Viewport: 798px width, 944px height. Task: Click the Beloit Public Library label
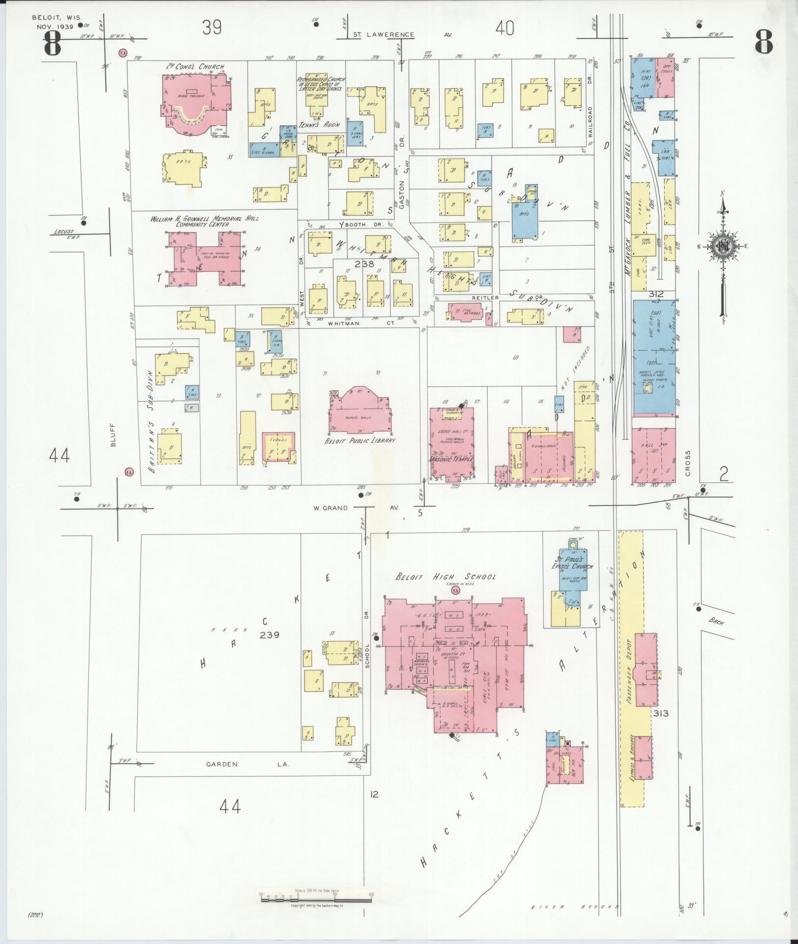[360, 440]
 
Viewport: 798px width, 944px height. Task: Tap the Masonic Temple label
[451, 460]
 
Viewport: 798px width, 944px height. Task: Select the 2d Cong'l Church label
[195, 67]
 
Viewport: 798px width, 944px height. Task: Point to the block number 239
[270, 634]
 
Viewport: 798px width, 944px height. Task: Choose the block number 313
[661, 713]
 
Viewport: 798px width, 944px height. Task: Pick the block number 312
[655, 294]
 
